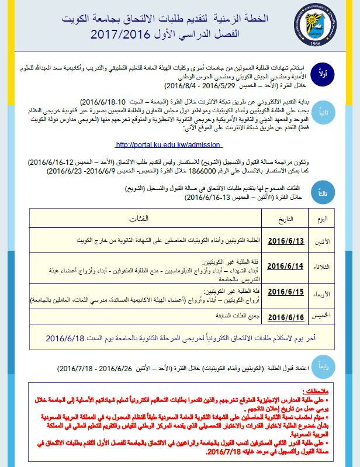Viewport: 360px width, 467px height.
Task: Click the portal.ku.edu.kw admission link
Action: [x=168, y=144]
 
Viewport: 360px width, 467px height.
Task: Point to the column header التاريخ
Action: [x=283, y=218]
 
